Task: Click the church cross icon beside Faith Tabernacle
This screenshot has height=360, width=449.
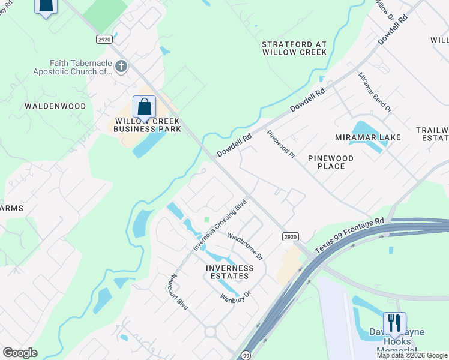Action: click(x=121, y=66)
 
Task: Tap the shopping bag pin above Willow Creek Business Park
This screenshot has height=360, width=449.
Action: click(x=144, y=107)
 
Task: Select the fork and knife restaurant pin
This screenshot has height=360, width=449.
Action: click(x=394, y=323)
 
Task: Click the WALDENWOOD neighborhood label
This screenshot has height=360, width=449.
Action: click(x=55, y=106)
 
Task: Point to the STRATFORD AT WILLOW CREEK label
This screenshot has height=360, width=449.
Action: click(x=294, y=48)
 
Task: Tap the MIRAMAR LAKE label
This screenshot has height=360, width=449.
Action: click(x=368, y=137)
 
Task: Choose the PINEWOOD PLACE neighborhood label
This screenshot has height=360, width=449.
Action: click(x=330, y=162)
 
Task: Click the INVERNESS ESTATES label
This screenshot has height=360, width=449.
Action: click(x=227, y=272)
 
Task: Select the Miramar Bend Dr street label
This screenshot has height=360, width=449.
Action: click(x=375, y=92)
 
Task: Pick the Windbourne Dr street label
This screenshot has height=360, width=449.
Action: click(x=244, y=246)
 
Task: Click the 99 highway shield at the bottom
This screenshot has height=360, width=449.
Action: click(x=246, y=355)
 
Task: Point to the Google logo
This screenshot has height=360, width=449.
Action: click(x=20, y=353)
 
